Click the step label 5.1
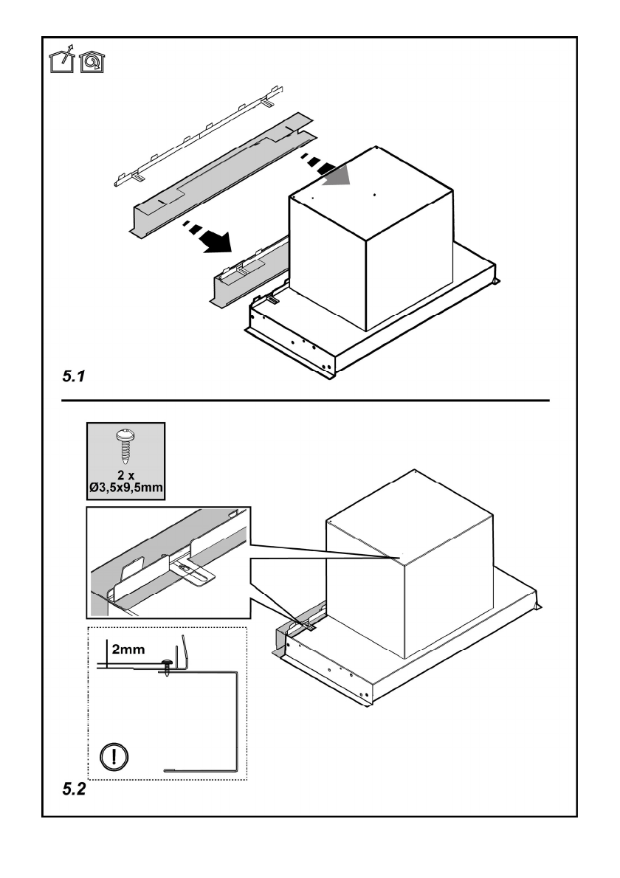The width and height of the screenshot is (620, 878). click(75, 376)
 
